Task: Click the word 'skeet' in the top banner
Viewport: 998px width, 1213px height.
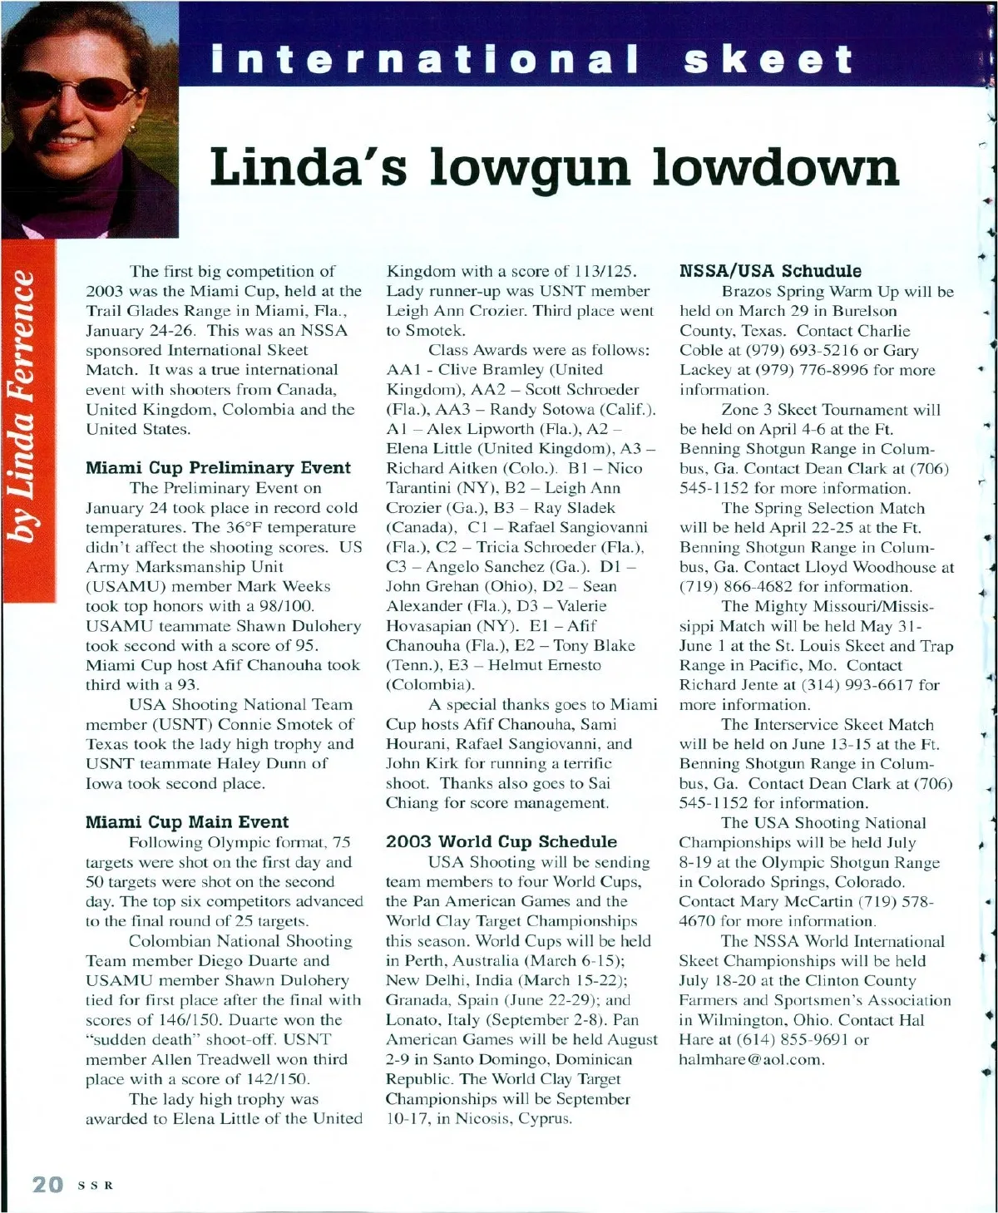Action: click(x=768, y=60)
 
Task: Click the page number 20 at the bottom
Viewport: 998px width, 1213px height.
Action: click(x=47, y=1184)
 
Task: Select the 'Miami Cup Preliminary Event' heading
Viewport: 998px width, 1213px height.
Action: click(x=218, y=468)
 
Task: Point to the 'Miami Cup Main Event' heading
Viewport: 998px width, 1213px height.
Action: click(x=187, y=822)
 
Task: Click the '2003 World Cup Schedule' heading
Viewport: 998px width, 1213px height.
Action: click(x=501, y=841)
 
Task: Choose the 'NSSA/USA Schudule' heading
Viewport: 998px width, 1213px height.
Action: click(x=770, y=271)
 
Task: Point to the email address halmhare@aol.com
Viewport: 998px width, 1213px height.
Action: click(x=751, y=1060)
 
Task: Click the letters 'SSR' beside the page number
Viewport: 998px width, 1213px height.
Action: click(x=95, y=1185)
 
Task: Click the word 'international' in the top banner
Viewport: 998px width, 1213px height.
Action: click(x=425, y=60)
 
